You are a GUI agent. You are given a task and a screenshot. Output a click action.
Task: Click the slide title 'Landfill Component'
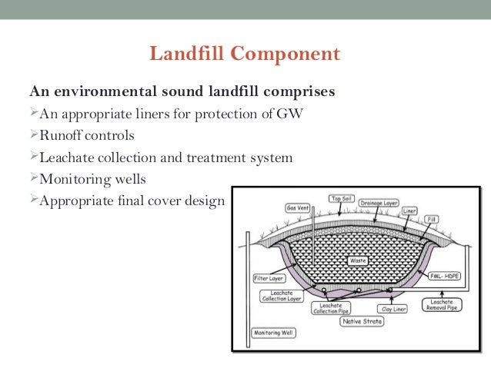(245, 55)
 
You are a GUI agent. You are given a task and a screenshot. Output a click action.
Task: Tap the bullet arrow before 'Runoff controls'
(33, 136)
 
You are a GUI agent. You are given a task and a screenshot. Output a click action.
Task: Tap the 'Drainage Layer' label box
(392, 198)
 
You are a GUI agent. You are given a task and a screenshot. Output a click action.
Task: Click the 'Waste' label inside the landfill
(356, 261)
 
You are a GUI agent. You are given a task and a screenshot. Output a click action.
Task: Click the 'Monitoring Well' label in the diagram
(268, 333)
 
